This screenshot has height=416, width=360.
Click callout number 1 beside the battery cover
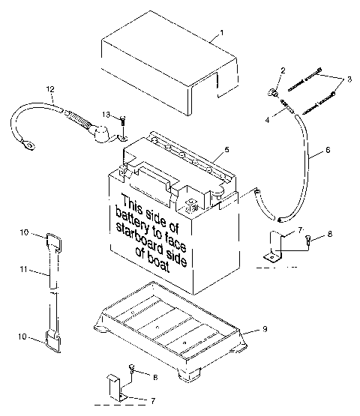(x=221, y=33)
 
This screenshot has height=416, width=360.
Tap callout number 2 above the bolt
(x=283, y=70)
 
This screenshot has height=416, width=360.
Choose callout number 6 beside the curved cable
(x=327, y=149)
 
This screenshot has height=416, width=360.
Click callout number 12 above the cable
(x=50, y=90)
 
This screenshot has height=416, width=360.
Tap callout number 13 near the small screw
(x=107, y=114)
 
